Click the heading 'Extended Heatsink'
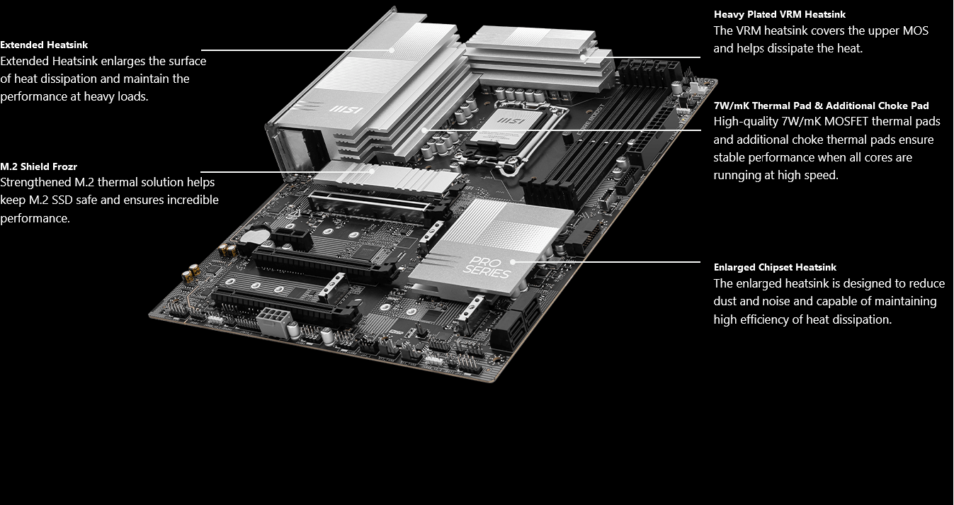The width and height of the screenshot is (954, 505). [44, 45]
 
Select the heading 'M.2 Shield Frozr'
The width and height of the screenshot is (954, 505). [38, 166]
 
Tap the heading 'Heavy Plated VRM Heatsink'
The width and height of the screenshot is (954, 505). [779, 14]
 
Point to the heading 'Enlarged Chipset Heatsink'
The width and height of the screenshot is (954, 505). [775, 268]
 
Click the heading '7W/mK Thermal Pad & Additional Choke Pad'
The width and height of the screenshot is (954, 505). [821, 106]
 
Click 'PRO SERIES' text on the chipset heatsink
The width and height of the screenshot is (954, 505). [487, 268]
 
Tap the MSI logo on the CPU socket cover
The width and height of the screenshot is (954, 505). [511, 121]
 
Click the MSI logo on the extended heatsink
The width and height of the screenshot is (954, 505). [346, 110]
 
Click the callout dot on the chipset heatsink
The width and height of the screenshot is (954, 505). [513, 262]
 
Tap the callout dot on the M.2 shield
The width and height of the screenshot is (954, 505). [372, 171]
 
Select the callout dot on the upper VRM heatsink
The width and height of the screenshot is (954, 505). [583, 57]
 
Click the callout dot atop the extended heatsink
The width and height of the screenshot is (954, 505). [391, 50]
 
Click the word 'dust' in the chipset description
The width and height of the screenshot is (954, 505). [725, 302]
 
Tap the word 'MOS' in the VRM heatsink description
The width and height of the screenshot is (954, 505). [915, 31]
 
